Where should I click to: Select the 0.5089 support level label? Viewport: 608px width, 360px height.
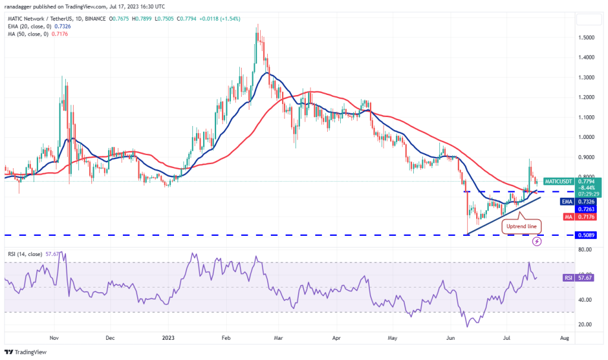click(587, 235)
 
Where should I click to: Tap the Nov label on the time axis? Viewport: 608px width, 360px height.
click(54, 337)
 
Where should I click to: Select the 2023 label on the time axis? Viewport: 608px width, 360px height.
click(170, 337)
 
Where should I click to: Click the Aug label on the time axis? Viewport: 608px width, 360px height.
click(565, 337)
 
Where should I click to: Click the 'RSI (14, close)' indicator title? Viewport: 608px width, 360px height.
click(25, 254)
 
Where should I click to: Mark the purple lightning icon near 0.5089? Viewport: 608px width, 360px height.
click(537, 241)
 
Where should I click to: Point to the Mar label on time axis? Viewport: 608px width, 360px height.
click(278, 337)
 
